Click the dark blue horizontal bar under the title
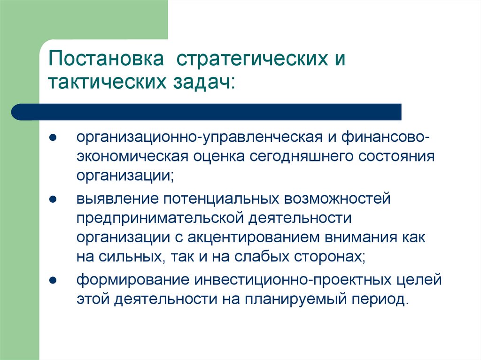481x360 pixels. (x=207, y=112)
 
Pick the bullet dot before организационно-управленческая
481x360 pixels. (x=54, y=139)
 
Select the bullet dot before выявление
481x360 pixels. (x=54, y=199)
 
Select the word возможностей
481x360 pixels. (x=337, y=199)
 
